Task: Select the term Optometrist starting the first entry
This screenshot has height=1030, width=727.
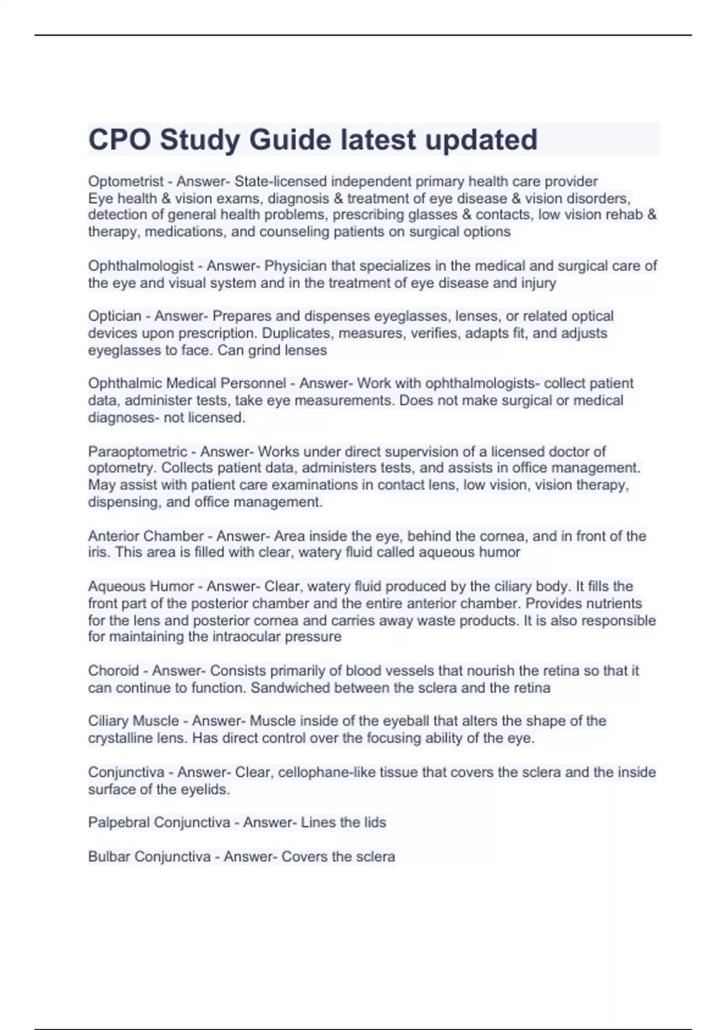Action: [125, 181]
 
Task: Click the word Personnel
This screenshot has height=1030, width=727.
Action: [253, 384]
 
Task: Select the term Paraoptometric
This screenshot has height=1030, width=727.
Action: [138, 451]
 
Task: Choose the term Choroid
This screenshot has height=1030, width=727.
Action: [113, 671]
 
